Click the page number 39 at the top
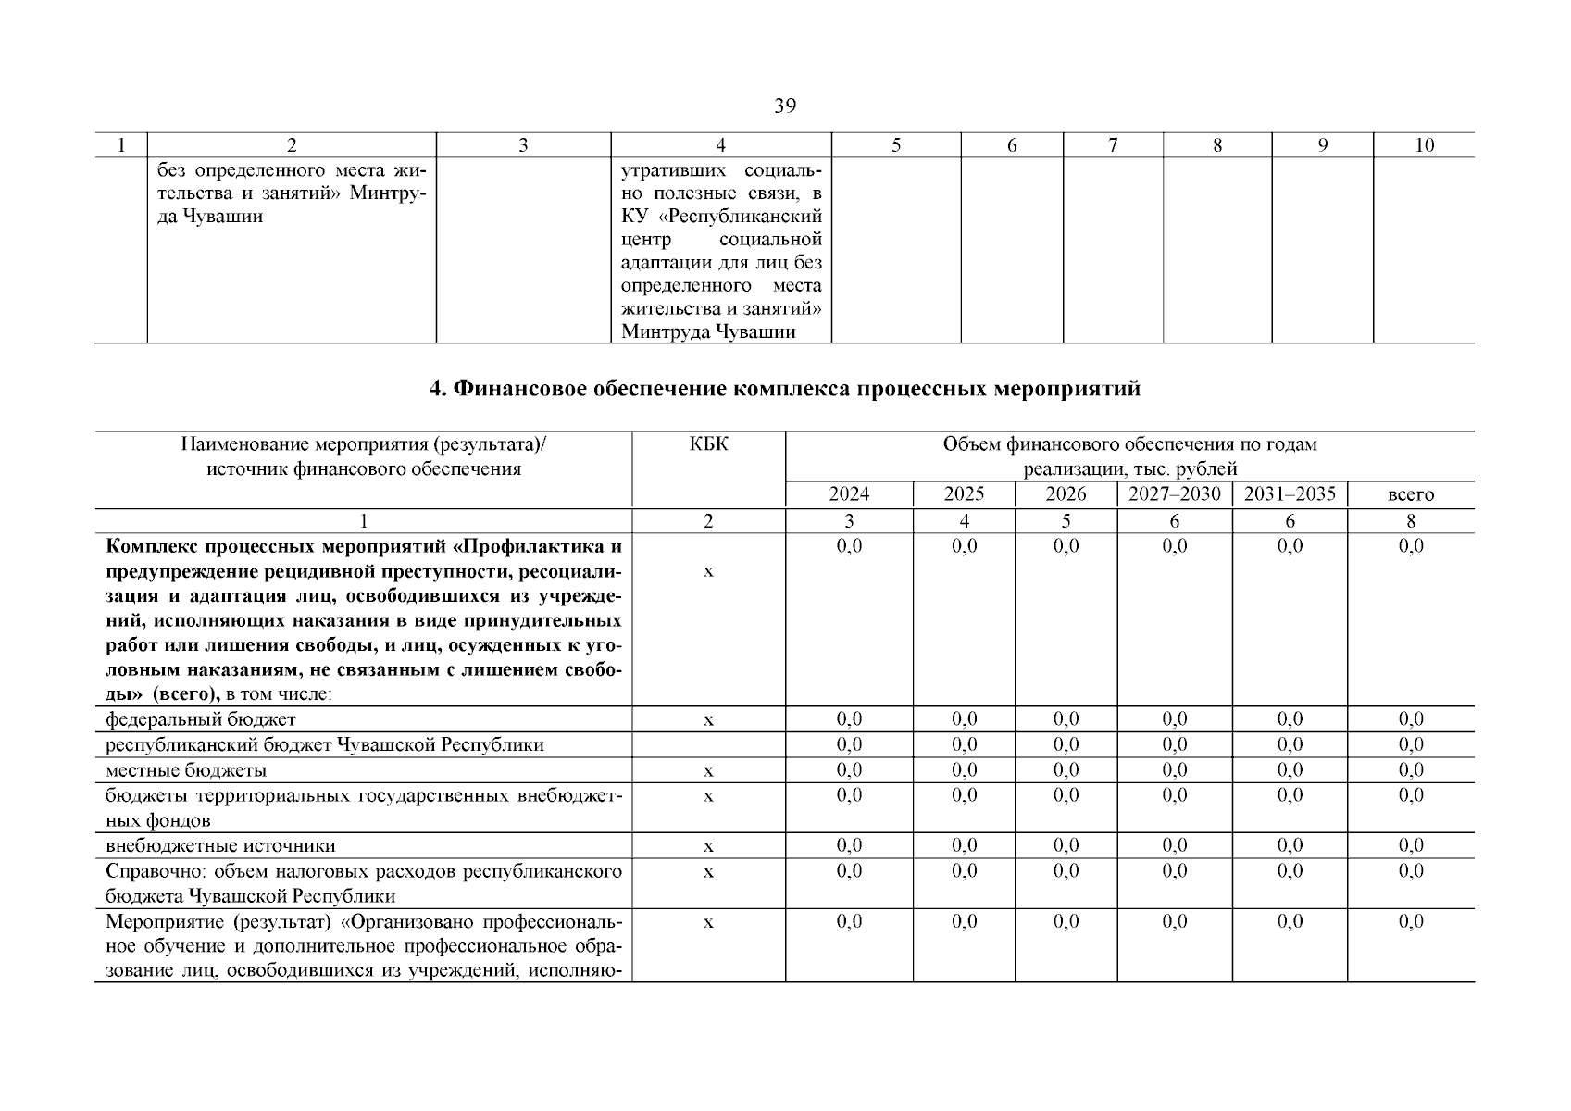click(x=784, y=106)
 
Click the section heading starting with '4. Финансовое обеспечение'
click(x=784, y=389)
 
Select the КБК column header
click(x=708, y=444)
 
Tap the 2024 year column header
click(x=848, y=494)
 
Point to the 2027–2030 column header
click(x=1174, y=494)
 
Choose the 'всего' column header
click(x=1410, y=494)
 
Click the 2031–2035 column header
click(x=1289, y=494)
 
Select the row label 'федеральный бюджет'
click(x=201, y=719)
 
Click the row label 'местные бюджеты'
click(x=186, y=770)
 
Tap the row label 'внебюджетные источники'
click(x=220, y=845)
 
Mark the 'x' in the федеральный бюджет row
click(x=708, y=720)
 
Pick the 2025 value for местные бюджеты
click(x=964, y=770)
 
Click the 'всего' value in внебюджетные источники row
click(x=1410, y=845)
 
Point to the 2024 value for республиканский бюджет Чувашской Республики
click(x=848, y=745)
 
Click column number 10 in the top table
click(x=1424, y=144)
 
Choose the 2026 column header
click(x=1066, y=494)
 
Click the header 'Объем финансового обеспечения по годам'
click(x=1129, y=444)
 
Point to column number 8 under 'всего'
click(x=1410, y=521)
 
